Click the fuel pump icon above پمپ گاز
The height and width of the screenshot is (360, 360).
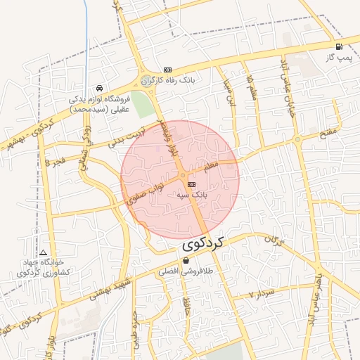click(339, 47)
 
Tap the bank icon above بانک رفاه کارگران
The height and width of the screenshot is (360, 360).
click(167, 70)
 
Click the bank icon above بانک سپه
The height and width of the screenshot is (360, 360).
click(192, 184)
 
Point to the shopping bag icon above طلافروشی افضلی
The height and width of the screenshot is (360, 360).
click(186, 260)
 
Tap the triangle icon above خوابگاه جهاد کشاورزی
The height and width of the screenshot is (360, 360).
click(44, 252)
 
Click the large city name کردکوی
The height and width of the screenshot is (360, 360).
click(204, 244)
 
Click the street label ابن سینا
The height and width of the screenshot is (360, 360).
click(227, 93)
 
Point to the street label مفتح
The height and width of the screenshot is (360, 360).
click(328, 131)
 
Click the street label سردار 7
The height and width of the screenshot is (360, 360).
click(261, 293)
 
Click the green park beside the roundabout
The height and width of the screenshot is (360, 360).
click(142, 105)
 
